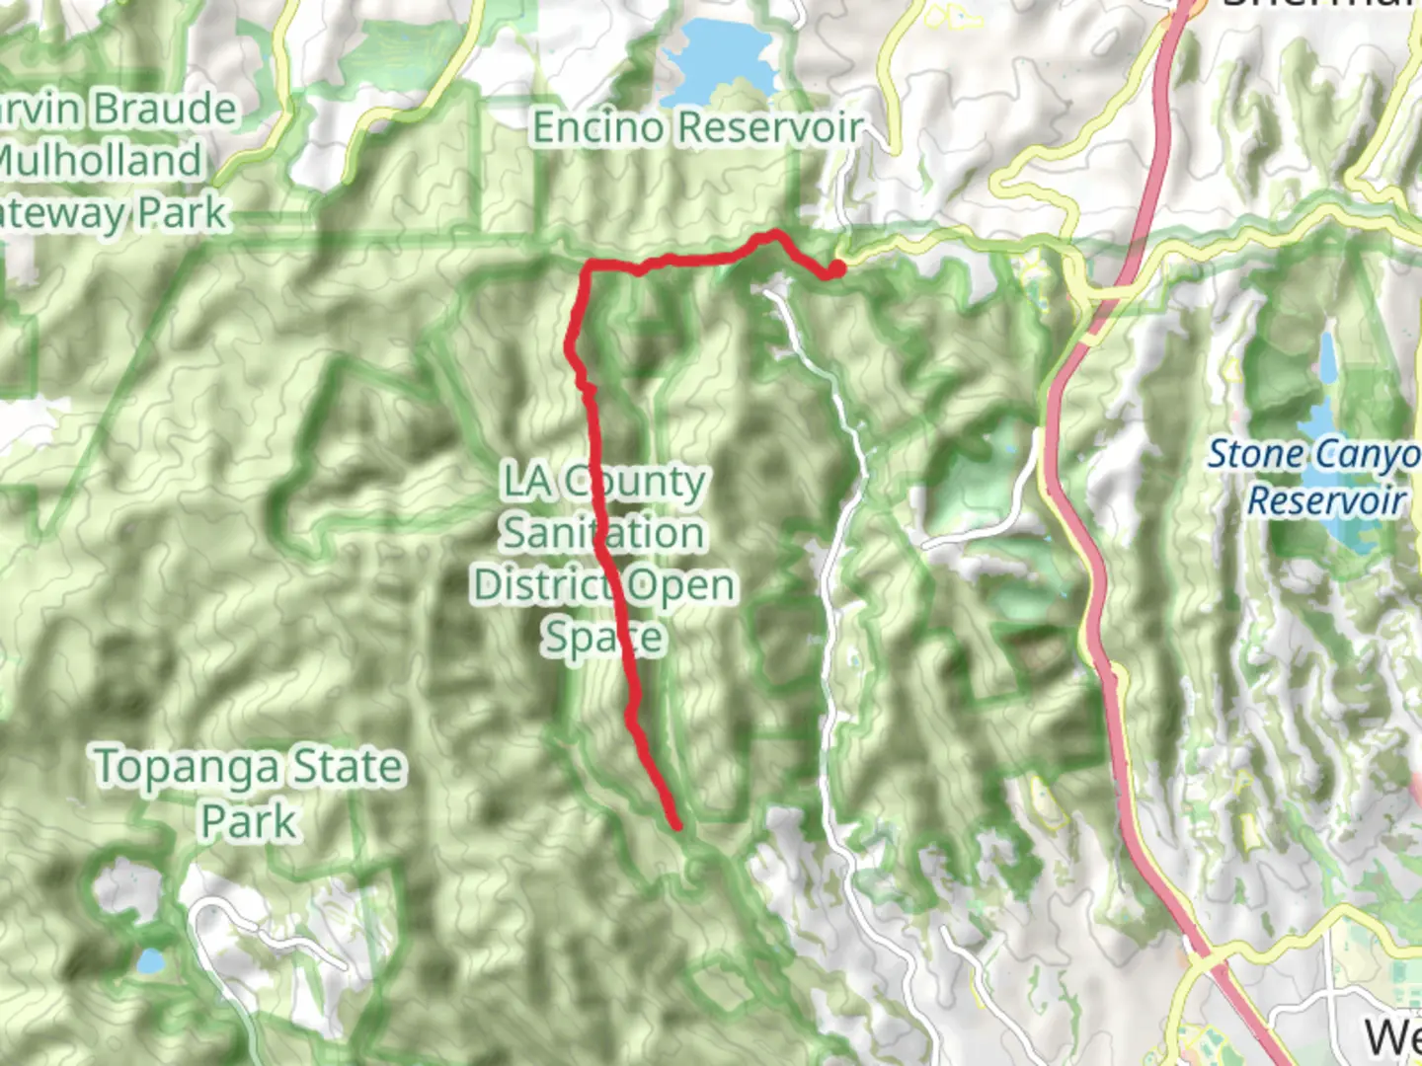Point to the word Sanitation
[x=602, y=533]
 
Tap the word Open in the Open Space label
[x=681, y=585]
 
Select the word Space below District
[x=603, y=637]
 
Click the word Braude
[x=165, y=109]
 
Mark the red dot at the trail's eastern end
[x=836, y=267]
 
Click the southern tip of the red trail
[x=677, y=825]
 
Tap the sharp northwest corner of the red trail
[x=590, y=266]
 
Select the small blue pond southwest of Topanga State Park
[x=150, y=961]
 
